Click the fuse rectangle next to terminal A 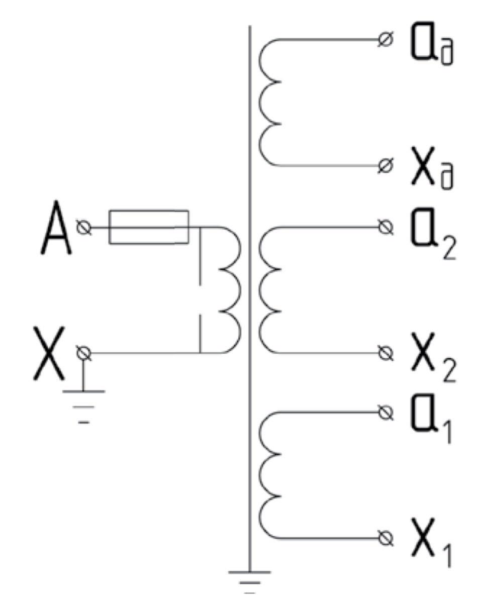coord(149,227)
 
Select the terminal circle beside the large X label coord(84,353)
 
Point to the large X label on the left coord(49,353)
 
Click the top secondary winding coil coord(269,102)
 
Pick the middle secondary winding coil coord(269,290)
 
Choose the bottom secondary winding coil coord(269,475)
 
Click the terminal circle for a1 coord(386,413)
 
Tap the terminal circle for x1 coord(386,538)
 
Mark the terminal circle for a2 coord(386,227)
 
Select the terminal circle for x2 coord(386,353)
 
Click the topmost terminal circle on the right coord(386,40)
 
